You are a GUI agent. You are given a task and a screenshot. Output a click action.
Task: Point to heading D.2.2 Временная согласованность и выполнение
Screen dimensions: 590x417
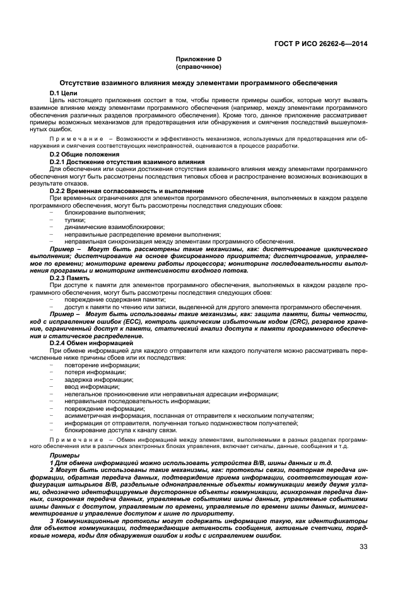click(126, 191)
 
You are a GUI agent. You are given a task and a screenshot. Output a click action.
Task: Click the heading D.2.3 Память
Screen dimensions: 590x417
click(69, 277)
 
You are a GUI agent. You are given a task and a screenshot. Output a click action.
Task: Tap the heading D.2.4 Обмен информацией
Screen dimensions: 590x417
click(91, 342)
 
